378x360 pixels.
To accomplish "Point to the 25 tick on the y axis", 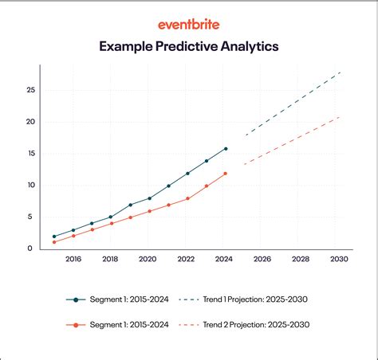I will (30, 91).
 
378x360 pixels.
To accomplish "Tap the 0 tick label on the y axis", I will (30, 248).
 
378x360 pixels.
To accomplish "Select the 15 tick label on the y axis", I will (29, 154).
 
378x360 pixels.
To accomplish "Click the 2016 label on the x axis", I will (73, 260).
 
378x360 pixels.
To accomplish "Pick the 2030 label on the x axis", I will (339, 260).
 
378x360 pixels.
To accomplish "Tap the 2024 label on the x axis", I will (226, 260).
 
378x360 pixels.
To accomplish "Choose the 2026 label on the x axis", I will (263, 260).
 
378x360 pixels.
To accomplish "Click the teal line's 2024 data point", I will (226, 149).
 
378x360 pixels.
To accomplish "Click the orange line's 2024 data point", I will (226, 174).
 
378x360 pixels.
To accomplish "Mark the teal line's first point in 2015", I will (54, 237).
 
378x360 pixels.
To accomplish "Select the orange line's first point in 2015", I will (54, 242).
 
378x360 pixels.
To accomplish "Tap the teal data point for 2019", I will (130, 205).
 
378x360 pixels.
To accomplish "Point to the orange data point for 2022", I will (187, 198).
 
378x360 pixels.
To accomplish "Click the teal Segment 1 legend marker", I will (76, 299).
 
